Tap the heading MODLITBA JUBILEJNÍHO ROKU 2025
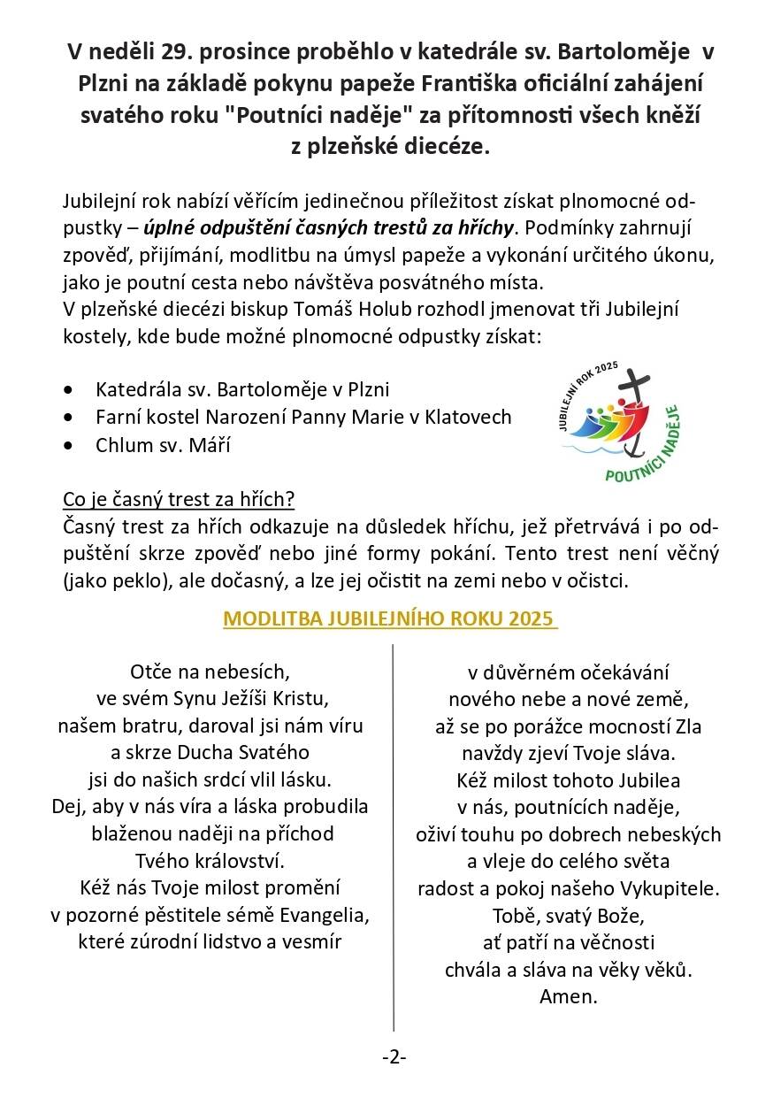pos(390,618)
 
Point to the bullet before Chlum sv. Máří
pos(69,446)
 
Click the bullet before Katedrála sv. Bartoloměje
pos(69,390)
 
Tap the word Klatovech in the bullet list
pos(471,418)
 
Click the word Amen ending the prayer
pos(569,996)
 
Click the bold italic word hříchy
pos(485,228)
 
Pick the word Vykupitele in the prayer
pos(668,887)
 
